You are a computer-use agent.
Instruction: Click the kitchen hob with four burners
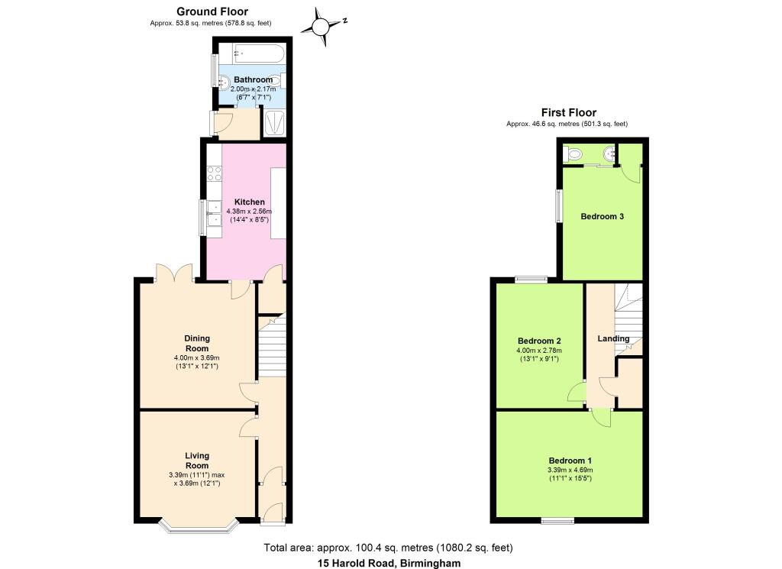click(x=213, y=173)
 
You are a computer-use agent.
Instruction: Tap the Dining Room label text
click(x=196, y=343)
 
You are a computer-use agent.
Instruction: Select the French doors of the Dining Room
click(x=173, y=273)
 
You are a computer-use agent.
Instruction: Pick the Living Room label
click(x=196, y=461)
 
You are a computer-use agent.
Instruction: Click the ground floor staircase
click(x=272, y=348)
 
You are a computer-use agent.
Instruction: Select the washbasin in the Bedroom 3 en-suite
click(x=608, y=154)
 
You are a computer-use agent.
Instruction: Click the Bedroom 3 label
click(x=602, y=217)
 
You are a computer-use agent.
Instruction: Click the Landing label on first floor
click(x=613, y=338)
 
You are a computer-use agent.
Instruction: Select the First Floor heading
click(x=569, y=112)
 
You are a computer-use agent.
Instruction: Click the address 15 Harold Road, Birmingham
click(x=389, y=563)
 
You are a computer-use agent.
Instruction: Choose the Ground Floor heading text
click(x=212, y=11)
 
